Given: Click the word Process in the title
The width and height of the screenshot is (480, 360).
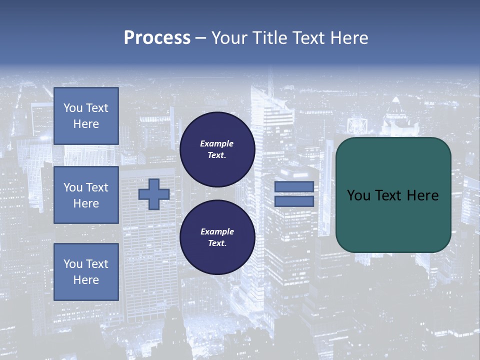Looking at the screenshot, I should click(157, 38).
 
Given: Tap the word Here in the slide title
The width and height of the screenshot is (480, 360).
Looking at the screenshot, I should click(346, 38).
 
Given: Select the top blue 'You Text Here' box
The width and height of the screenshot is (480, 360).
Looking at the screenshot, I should click(86, 116).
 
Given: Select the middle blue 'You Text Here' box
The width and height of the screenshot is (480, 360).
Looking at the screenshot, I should click(86, 195).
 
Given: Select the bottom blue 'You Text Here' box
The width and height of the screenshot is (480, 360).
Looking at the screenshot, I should click(86, 272).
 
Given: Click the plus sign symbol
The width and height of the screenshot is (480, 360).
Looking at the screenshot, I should click(154, 194).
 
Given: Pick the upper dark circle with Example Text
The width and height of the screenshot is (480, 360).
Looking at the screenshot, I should click(217, 149).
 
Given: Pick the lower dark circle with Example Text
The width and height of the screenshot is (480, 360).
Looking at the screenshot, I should click(217, 237).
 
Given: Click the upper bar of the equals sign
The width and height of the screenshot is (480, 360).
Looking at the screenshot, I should click(294, 187).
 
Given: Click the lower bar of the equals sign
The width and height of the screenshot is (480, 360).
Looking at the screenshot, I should click(294, 201).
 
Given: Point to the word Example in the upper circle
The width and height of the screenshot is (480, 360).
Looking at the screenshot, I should click(217, 143).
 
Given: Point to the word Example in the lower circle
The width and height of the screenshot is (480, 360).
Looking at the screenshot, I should click(217, 231).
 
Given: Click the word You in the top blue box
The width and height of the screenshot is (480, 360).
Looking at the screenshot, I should click(73, 108).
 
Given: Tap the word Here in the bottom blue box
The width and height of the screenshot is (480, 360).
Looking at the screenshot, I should click(86, 280).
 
